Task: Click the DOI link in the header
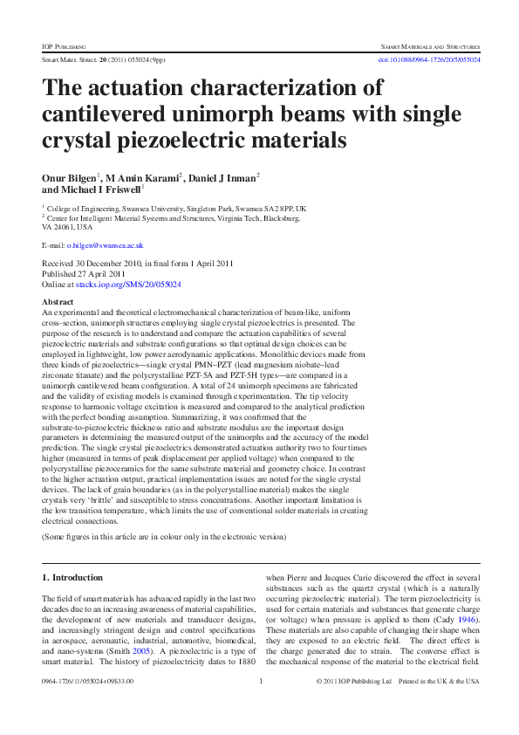(428, 59)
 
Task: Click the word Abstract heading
(58, 301)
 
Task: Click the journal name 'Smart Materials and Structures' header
(430, 44)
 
